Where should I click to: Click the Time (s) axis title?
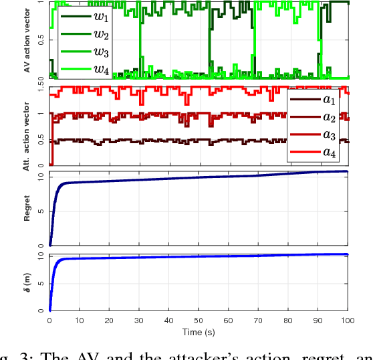pyautogui.click(x=198, y=332)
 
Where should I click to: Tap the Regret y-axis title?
pyautogui.click(x=27, y=208)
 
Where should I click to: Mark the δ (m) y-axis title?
pyautogui.click(x=27, y=282)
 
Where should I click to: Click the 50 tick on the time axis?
pyautogui.click(x=199, y=321)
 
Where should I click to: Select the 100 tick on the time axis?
pyautogui.click(x=347, y=321)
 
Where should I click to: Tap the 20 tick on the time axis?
pyautogui.click(x=109, y=321)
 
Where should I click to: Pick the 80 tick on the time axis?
pyautogui.click(x=287, y=321)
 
